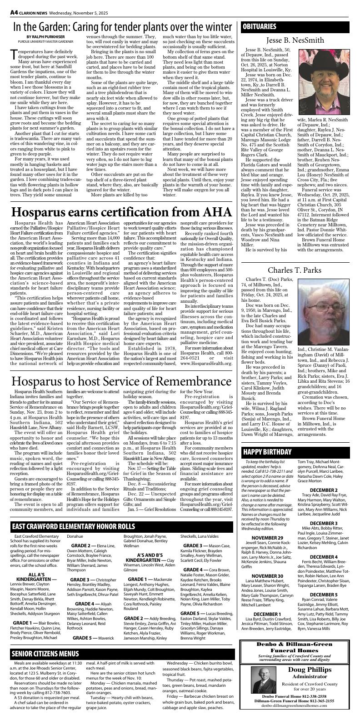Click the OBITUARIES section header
(x=260, y=26)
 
